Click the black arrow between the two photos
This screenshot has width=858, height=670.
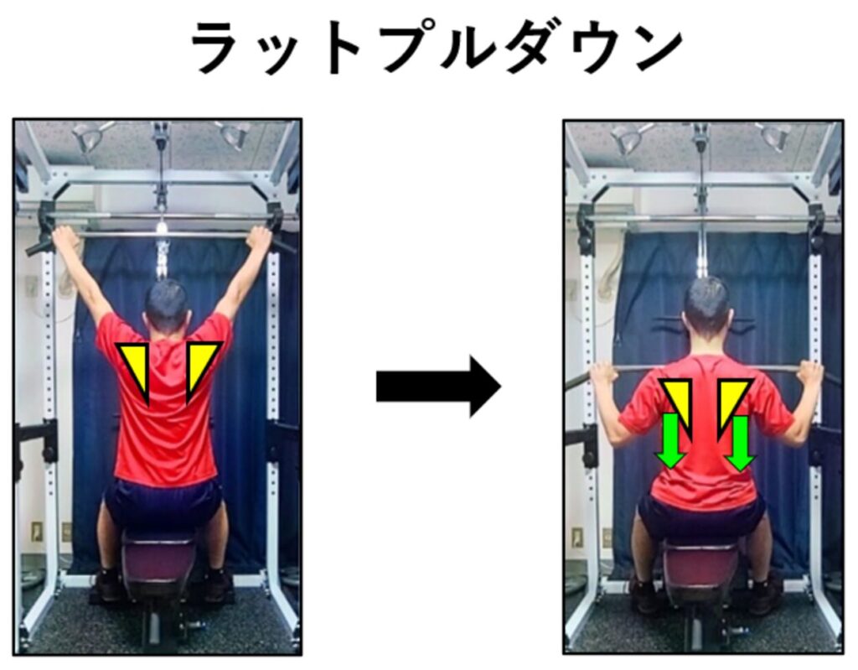pos(437,386)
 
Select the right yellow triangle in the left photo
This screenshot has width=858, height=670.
pos(201,364)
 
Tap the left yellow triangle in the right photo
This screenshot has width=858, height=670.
pos(680,403)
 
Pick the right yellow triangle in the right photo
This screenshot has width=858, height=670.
pos(731,403)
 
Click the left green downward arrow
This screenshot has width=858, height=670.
pos(670,441)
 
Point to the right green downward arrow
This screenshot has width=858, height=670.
pos(739,443)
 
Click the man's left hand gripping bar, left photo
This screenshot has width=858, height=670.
pos(64,238)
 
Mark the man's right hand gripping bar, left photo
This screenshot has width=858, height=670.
pos(260,238)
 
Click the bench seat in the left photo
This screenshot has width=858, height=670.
pos(158,558)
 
